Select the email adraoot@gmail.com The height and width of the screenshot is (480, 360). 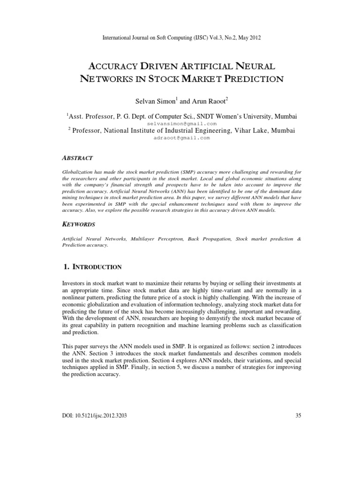pyautogui.click(x=180, y=138)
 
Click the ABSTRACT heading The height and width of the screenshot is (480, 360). pyautogui.click(x=77, y=158)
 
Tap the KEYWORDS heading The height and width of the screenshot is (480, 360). pyautogui.click(x=79, y=225)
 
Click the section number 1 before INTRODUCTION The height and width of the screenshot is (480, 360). pyautogui.click(x=65, y=267)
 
